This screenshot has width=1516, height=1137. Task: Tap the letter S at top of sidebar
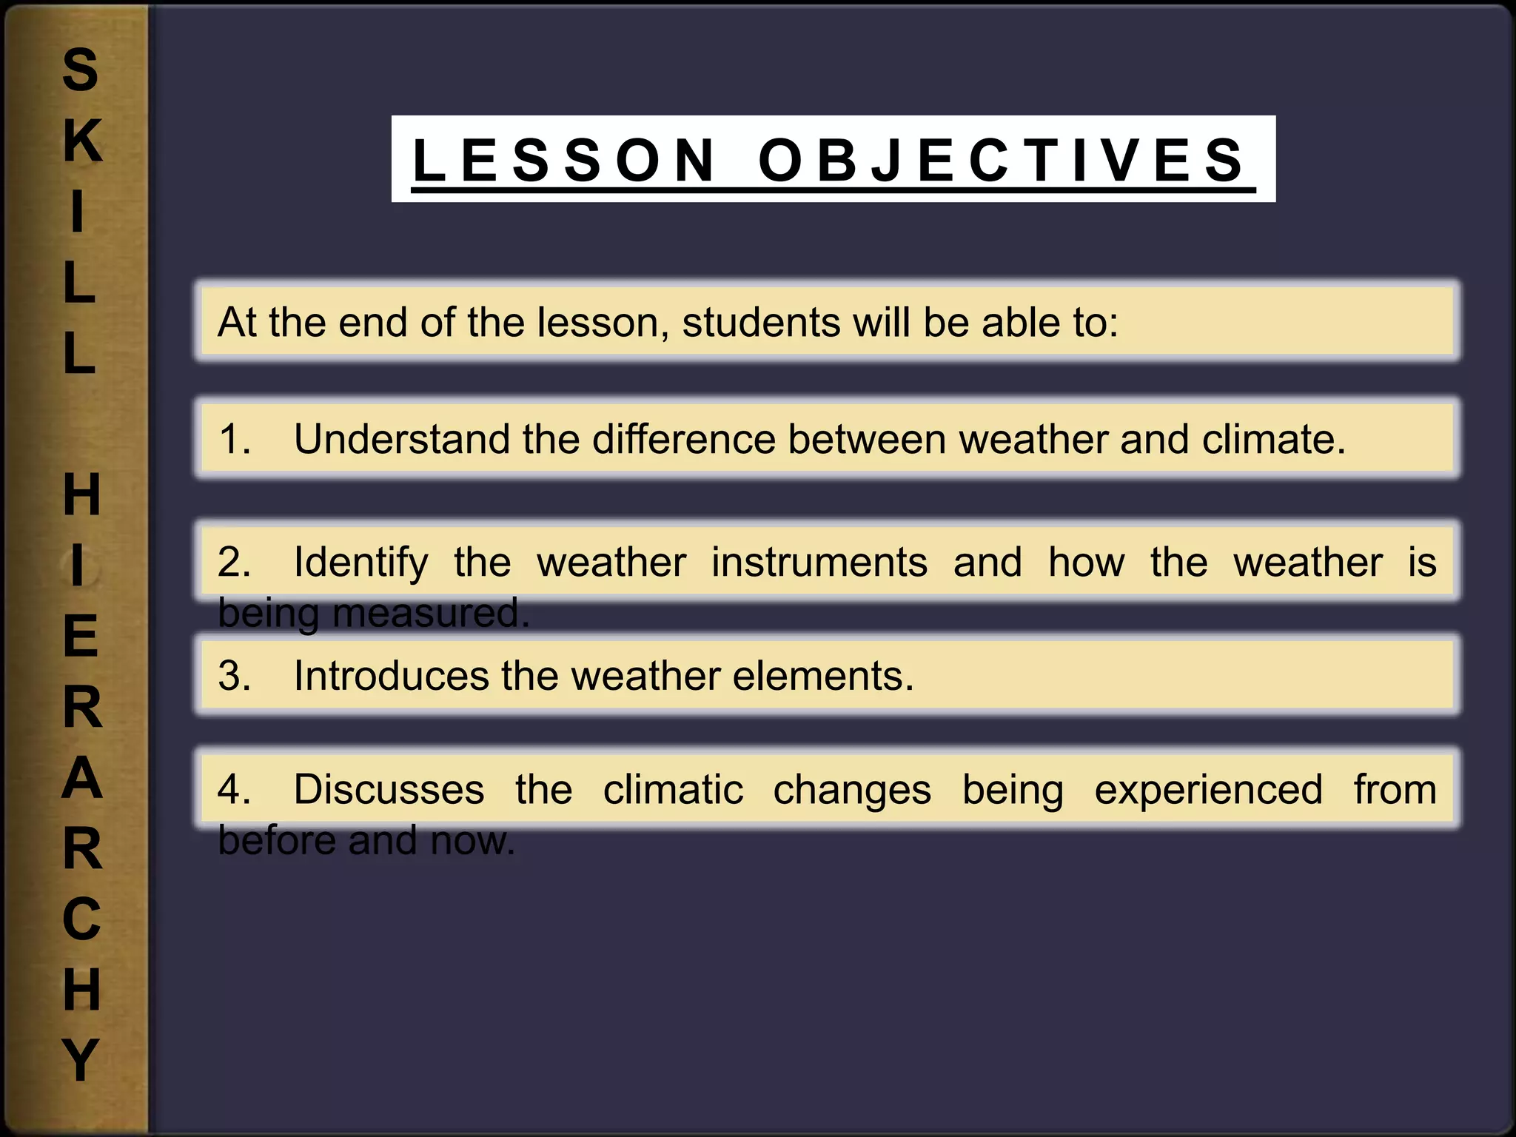coord(80,70)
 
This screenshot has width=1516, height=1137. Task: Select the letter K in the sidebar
coord(81,141)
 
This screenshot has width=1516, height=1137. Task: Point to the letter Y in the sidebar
coord(80,1059)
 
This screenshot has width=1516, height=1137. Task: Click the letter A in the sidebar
coord(81,778)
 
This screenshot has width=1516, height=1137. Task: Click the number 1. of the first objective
coord(235,439)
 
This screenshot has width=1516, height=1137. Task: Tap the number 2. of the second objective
coord(235,562)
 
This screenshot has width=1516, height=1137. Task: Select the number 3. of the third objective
coord(235,676)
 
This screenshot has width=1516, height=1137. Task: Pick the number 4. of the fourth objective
coord(235,789)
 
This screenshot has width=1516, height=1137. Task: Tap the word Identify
coord(361,563)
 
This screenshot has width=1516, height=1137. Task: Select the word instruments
coord(819,562)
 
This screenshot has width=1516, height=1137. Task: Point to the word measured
coord(431,614)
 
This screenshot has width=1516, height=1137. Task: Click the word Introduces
coord(392,676)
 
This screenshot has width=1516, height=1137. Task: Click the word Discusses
coord(389,789)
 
